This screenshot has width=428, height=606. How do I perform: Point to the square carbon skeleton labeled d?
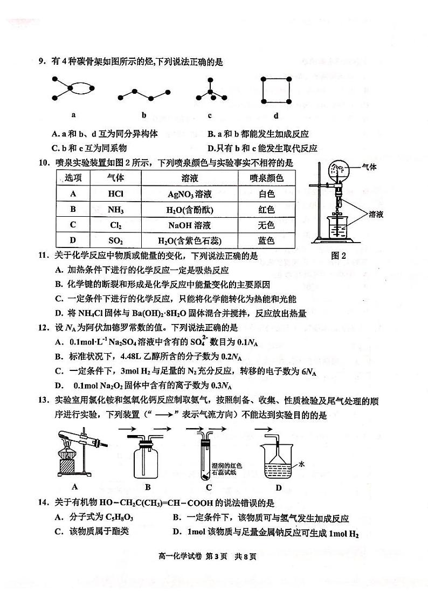click(x=276, y=89)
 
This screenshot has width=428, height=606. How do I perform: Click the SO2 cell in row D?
click(x=115, y=240)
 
